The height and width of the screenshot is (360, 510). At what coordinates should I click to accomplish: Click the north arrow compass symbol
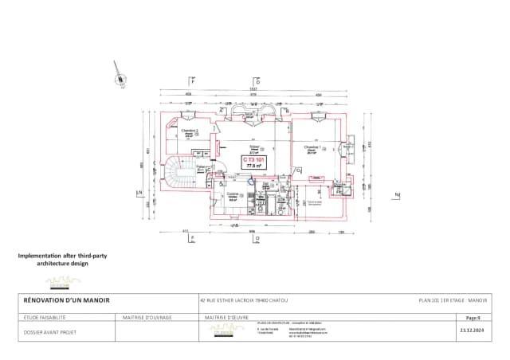[x=120, y=73]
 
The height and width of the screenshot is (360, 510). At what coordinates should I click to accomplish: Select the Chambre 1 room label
[x=312, y=148]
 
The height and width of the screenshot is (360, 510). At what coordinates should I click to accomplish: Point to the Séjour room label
[x=254, y=148]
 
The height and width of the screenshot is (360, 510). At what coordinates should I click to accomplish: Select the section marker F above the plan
[x=192, y=80]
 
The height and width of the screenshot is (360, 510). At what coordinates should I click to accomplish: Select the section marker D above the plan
[x=257, y=80]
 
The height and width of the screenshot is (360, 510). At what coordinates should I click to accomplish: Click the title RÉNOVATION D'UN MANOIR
[x=65, y=300]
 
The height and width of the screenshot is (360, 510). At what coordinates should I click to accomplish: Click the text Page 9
[x=473, y=317]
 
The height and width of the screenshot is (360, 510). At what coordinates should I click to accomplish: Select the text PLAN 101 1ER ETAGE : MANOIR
[x=452, y=300]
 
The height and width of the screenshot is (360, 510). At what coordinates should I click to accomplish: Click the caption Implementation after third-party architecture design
[x=62, y=260]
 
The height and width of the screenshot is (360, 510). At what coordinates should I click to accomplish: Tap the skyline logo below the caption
[x=63, y=281]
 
